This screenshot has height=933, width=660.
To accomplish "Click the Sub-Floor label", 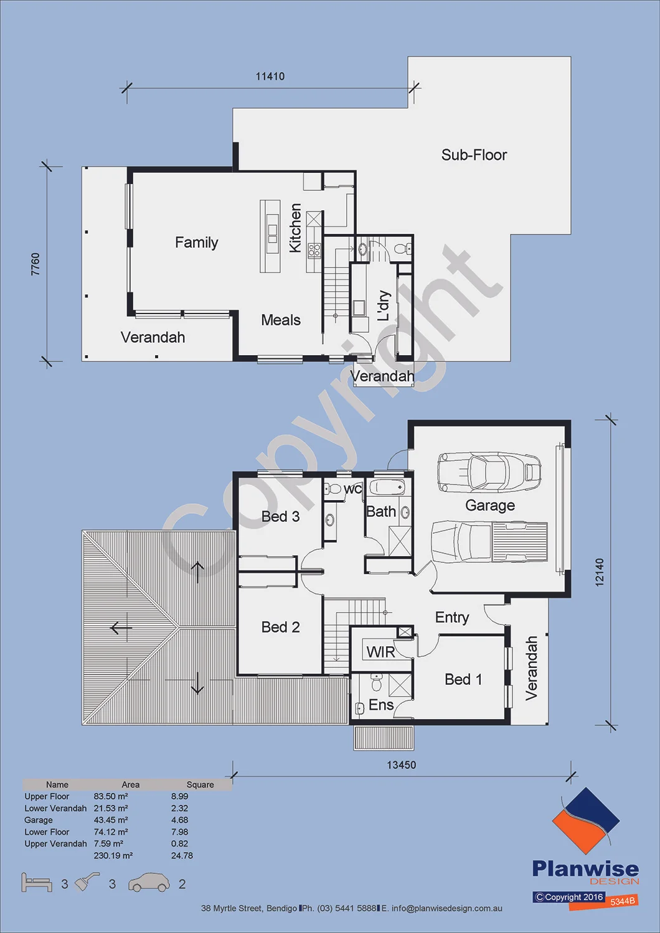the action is pyautogui.click(x=474, y=155).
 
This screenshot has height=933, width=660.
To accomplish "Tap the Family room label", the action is pyautogui.click(x=196, y=243).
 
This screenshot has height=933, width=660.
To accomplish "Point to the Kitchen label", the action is pyautogui.click(x=295, y=228).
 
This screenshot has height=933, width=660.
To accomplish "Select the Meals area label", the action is pyautogui.click(x=281, y=320).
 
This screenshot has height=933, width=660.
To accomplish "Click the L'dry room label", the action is pyautogui.click(x=384, y=305).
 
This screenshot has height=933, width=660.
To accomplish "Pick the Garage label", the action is pyautogui.click(x=490, y=505).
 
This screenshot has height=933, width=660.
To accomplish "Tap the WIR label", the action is pyautogui.click(x=380, y=652).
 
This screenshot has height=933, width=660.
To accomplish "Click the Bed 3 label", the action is pyautogui.click(x=281, y=516).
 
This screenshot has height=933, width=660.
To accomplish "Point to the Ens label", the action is pyautogui.click(x=381, y=705).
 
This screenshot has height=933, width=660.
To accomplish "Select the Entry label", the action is pyautogui.click(x=452, y=618).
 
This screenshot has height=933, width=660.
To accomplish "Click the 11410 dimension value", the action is pyautogui.click(x=270, y=77).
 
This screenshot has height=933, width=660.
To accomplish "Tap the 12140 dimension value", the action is pyautogui.click(x=600, y=572).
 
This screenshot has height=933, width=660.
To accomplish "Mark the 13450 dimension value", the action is pyautogui.click(x=402, y=764).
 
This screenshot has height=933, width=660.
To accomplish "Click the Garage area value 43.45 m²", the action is pyautogui.click(x=111, y=820).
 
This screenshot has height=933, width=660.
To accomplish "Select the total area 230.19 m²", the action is pyautogui.click(x=113, y=855).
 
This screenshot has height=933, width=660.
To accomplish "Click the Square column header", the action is pyautogui.click(x=200, y=785).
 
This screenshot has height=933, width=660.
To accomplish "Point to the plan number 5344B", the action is pyautogui.click(x=623, y=901).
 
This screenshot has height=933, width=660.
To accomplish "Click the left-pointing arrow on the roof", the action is pyautogui.click(x=121, y=627).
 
